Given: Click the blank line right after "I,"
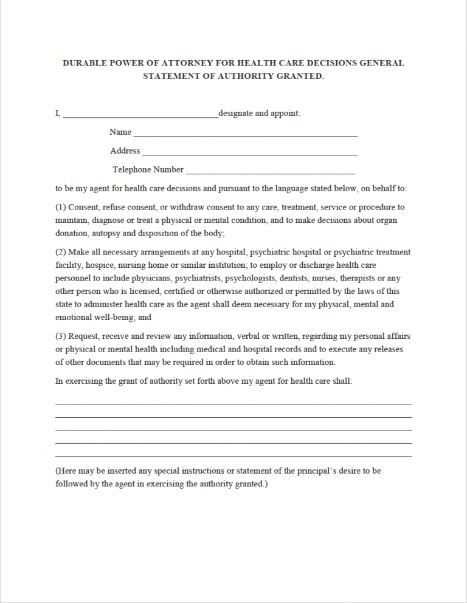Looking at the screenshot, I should pos(140,115).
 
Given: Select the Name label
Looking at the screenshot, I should pos(120,132).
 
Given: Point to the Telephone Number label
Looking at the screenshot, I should pos(148,169).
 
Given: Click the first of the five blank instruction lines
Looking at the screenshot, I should pos(233,403).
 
